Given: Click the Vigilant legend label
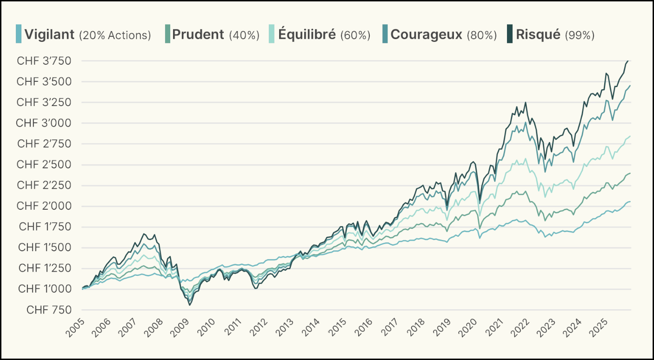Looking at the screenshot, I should point(49,34).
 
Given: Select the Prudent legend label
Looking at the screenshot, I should point(198,34).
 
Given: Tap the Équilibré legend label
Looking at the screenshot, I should point(307,34).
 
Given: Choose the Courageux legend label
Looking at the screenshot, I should point(427,34).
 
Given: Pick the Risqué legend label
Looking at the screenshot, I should point(539,34).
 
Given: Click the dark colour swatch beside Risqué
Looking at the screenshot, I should point(508,34).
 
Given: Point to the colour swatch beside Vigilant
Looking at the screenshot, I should point(19,34).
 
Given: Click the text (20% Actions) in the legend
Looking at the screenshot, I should point(115,35).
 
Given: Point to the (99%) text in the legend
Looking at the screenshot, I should point(579,35).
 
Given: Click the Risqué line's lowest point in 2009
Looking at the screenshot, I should point(190,305).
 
